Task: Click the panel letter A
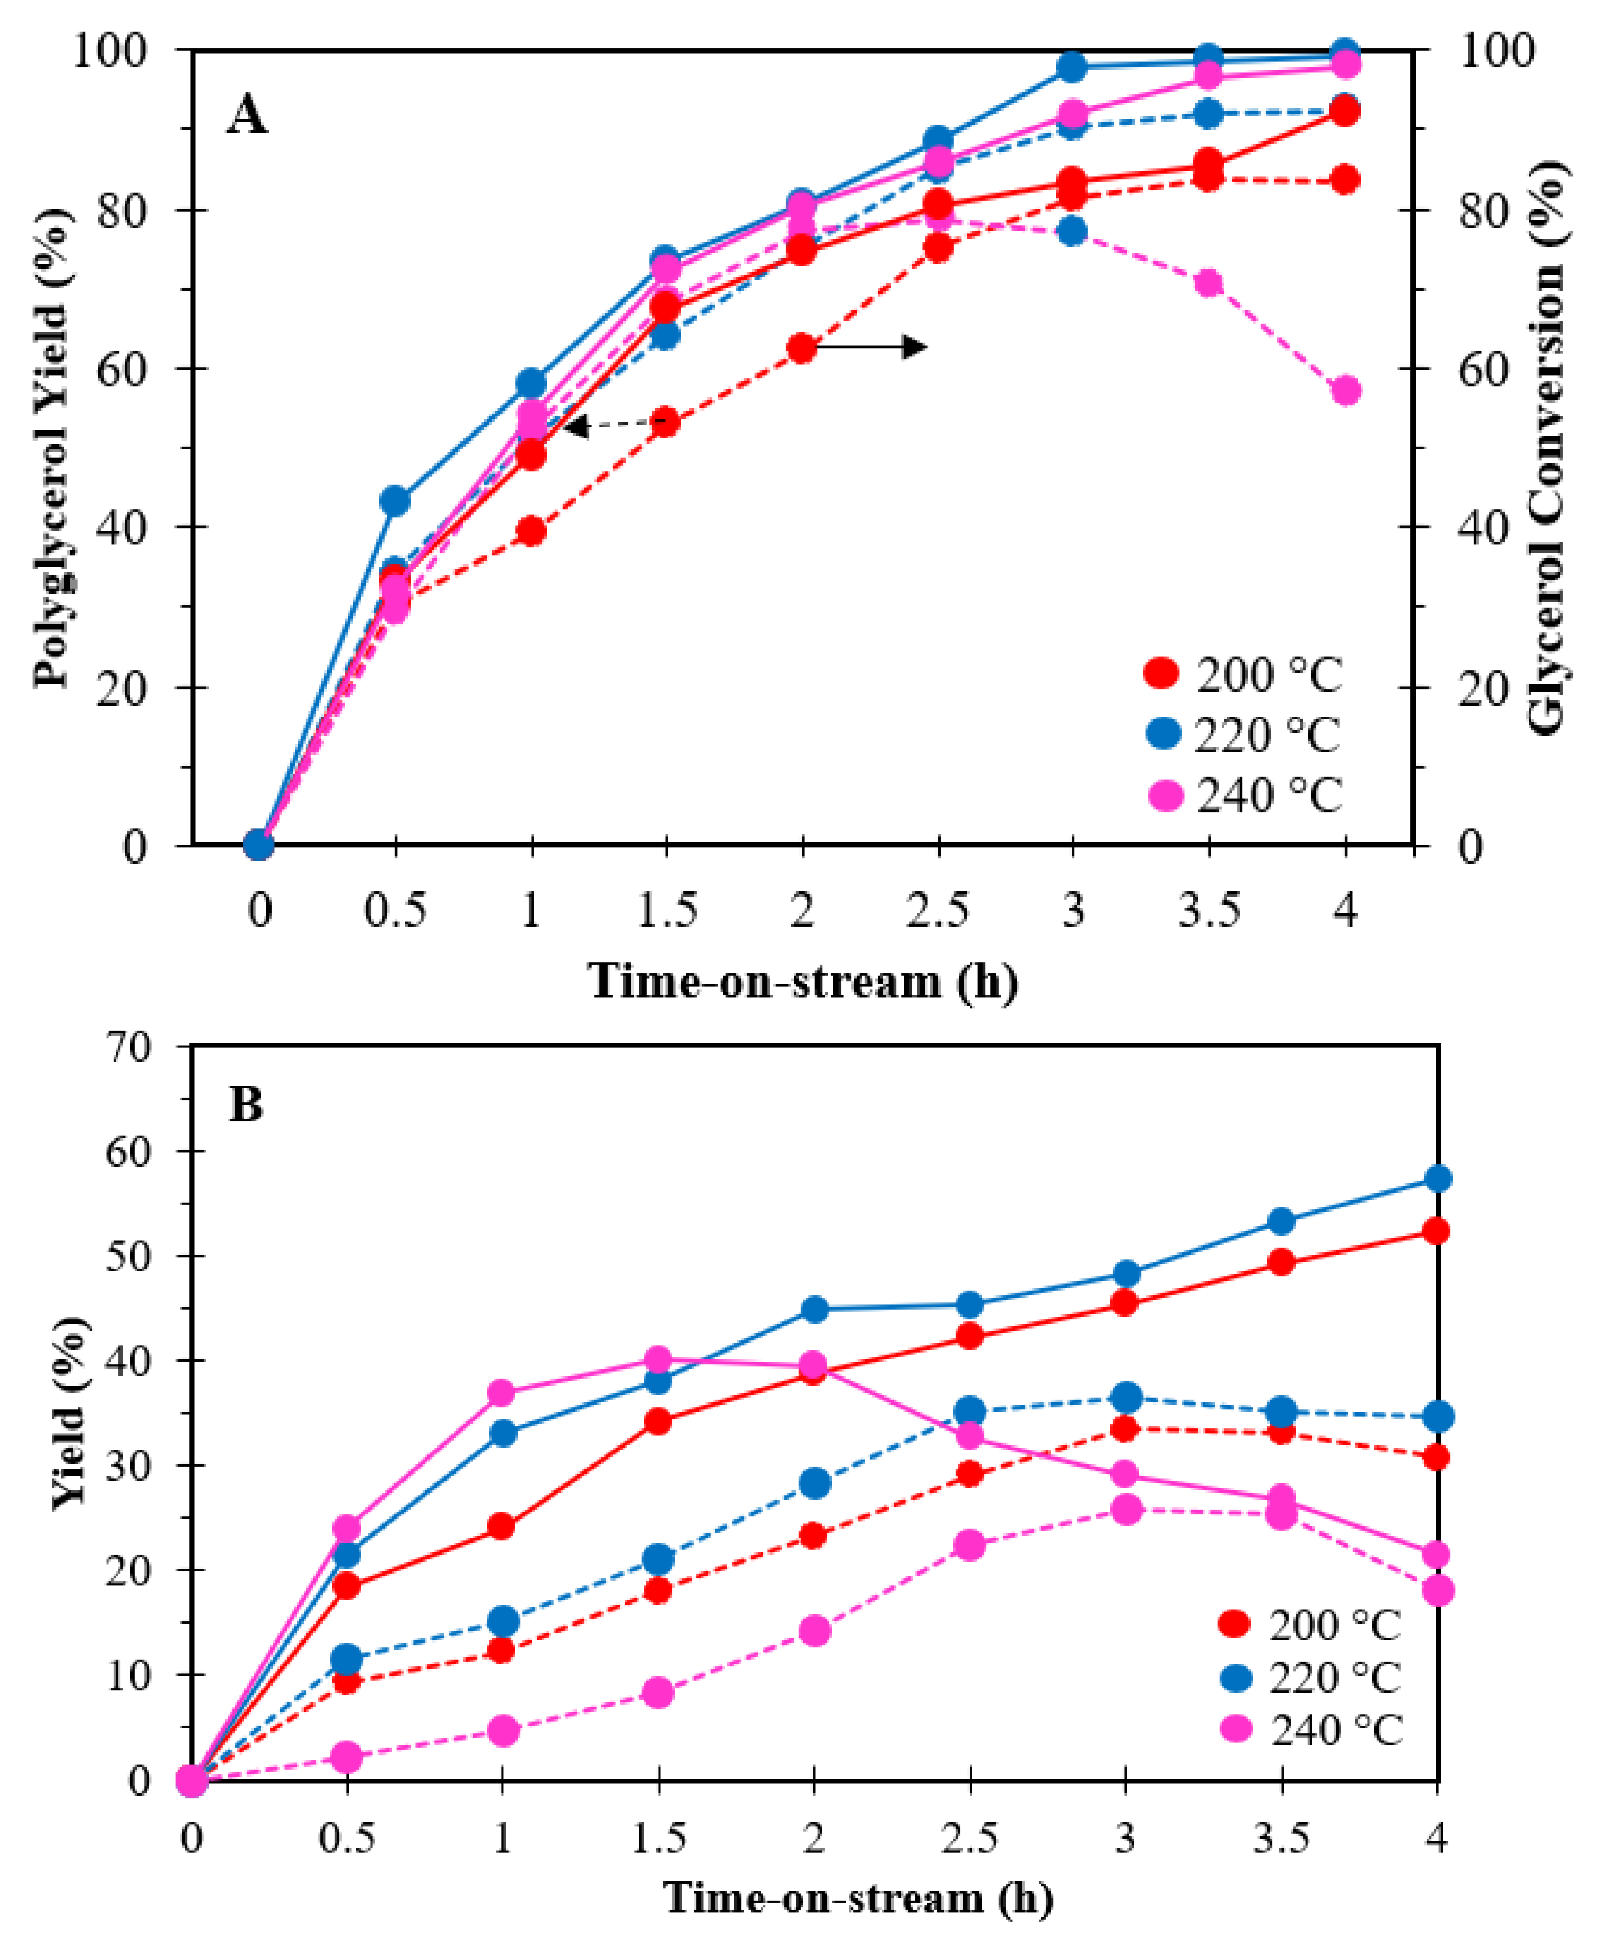coord(247,117)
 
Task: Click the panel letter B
coord(246,1104)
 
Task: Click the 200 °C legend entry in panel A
coord(1241,675)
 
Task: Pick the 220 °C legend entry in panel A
coord(1241,735)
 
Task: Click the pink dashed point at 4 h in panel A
coord(1345,390)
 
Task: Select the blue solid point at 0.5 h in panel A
coord(395,501)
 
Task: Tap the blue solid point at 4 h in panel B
coord(1437,1179)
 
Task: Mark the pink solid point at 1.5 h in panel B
coord(657,1359)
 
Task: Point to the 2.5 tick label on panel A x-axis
coord(937,911)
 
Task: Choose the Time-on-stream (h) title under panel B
coord(858,1898)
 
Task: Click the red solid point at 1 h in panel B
coord(502,1526)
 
